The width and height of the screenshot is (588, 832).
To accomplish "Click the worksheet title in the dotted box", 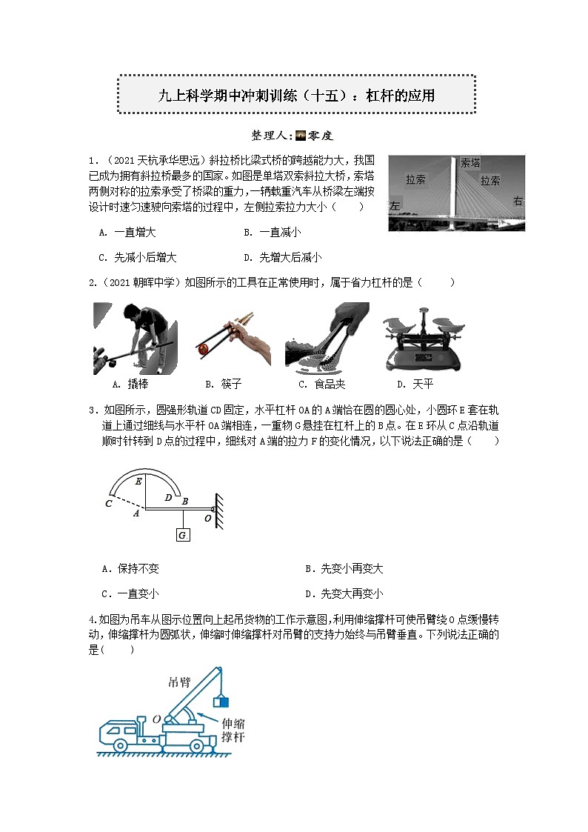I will (296, 95).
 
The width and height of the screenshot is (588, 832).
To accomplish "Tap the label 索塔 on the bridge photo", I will (470, 163).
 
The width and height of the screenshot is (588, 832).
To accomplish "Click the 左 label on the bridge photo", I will (395, 207).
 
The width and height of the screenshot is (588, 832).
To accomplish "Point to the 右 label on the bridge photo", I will (517, 201).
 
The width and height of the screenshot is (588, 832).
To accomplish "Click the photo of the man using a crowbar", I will (134, 337).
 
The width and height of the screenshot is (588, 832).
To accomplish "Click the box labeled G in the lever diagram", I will (183, 535).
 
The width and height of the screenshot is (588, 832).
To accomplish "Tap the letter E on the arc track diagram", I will (138, 481).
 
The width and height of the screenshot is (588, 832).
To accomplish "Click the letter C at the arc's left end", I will (109, 504).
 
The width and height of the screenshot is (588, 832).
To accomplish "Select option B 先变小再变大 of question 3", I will (344, 569).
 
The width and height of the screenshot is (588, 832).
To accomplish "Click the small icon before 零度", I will (300, 136).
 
